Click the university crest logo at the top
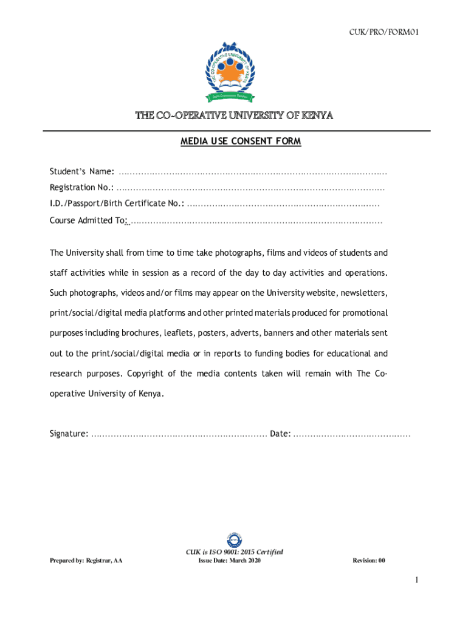(234, 72)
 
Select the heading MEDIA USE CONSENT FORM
(241, 142)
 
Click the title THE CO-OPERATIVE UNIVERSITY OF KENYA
(234, 116)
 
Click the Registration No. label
(81, 188)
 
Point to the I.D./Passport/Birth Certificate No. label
(117, 204)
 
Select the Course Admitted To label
(88, 220)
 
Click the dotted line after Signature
(179, 434)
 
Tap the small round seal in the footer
(234, 539)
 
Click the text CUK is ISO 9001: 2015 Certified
(234, 552)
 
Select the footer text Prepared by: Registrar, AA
(86, 561)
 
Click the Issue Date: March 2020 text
(229, 561)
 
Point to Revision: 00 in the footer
(369, 561)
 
